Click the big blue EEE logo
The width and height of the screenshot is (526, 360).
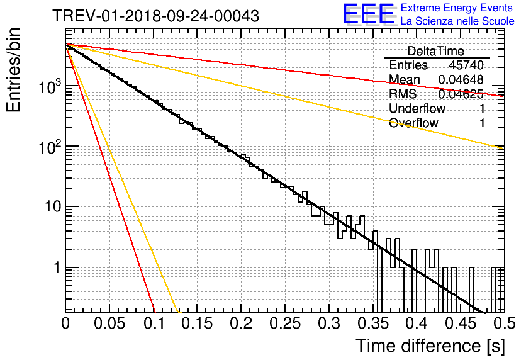368,14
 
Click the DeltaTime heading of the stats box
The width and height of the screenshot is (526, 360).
436,51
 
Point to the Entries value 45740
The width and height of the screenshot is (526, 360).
466,65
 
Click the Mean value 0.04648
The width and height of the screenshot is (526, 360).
461,79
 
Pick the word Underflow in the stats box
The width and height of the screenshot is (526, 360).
417,108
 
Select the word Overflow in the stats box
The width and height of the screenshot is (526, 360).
413,123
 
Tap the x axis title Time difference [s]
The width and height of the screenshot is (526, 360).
429,346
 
